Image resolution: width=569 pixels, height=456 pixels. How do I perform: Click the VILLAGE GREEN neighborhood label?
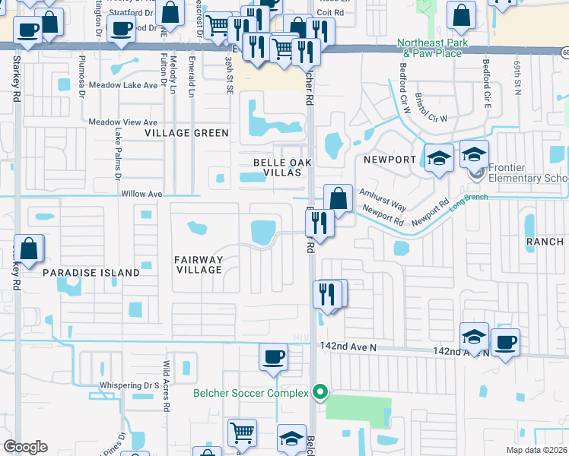(x=187, y=133)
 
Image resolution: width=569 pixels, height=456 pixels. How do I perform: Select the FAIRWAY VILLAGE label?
(x=199, y=264)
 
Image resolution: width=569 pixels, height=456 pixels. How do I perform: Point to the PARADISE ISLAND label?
(x=91, y=272)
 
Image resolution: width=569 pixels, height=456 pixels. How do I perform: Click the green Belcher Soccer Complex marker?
(x=321, y=393)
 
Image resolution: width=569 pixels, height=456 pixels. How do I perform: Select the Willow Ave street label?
(x=142, y=194)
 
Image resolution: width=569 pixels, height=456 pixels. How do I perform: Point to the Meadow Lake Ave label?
(x=123, y=85)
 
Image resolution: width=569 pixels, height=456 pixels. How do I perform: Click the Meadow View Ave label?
(x=123, y=122)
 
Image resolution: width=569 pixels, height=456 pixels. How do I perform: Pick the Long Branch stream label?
(x=467, y=202)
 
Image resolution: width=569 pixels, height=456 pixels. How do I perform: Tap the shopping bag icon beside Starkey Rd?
(x=29, y=249)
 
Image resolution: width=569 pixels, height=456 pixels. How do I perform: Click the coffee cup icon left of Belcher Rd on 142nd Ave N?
(x=273, y=356)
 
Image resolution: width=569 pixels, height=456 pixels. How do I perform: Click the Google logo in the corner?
(x=25, y=447)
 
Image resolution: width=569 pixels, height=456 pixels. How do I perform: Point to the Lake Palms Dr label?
(x=118, y=148)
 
